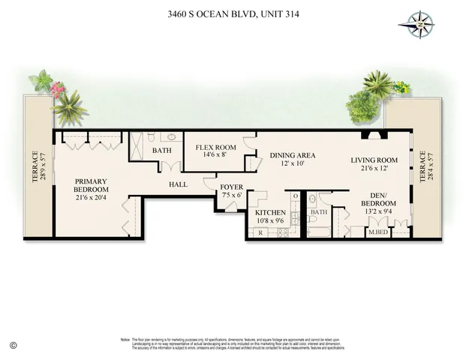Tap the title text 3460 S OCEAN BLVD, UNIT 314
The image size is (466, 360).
233,13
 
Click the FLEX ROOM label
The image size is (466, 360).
216,147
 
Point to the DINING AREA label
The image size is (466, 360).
292,155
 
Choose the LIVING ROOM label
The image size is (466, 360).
374,160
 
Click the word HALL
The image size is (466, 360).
179,184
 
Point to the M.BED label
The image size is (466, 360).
377,232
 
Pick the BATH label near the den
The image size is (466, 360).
319,212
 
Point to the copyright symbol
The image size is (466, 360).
13,344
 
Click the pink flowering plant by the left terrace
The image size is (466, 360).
56,91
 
